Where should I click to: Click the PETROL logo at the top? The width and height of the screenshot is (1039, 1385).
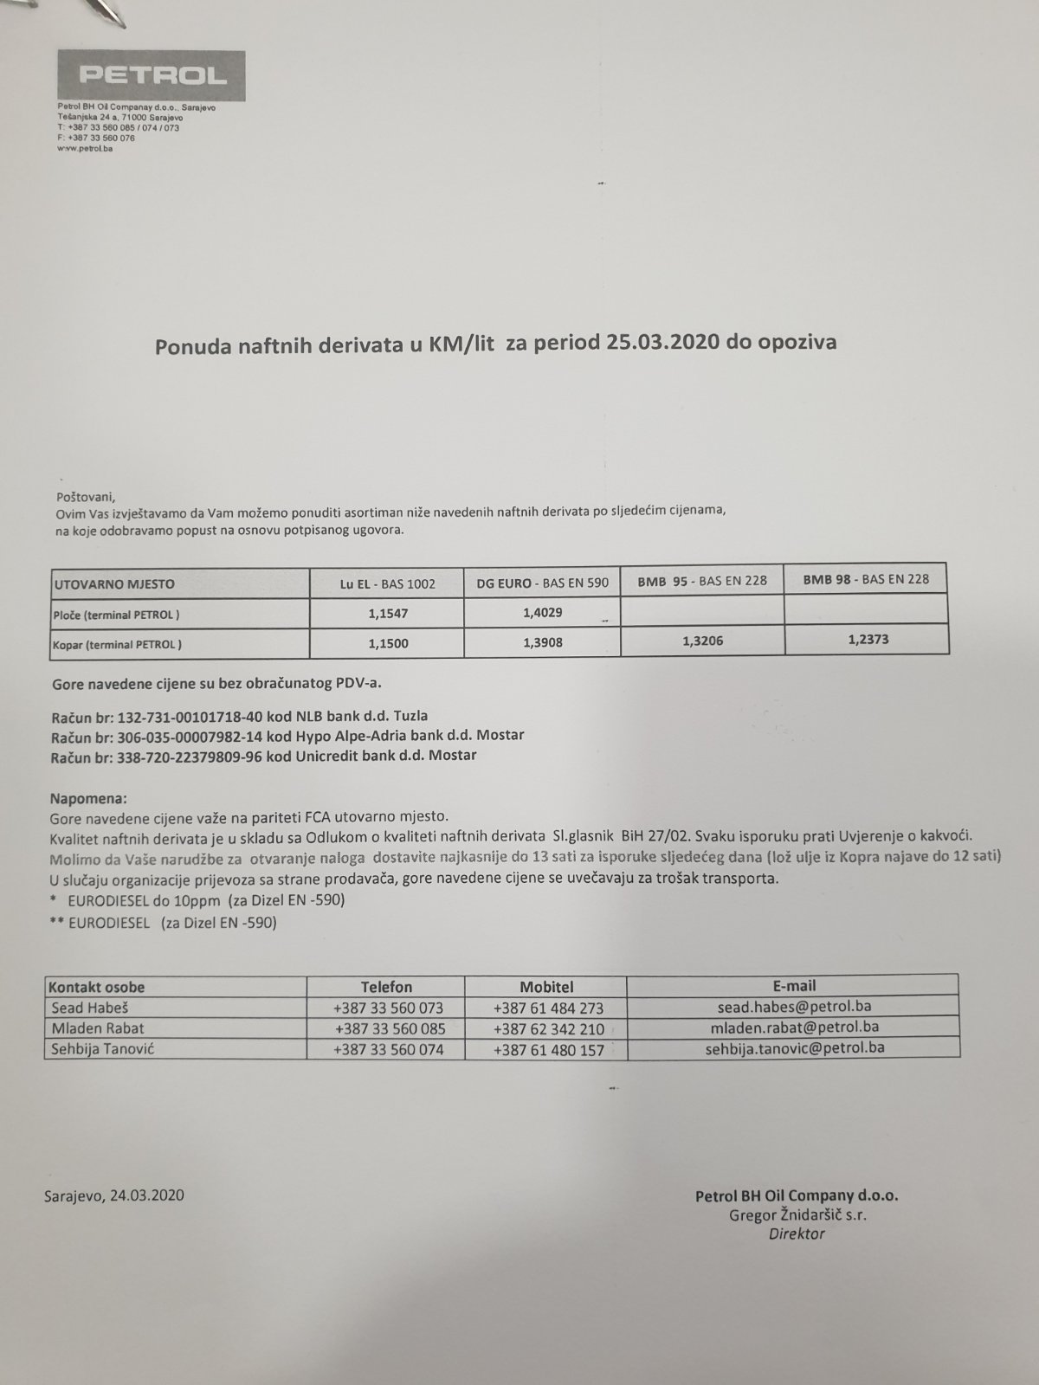click(x=152, y=76)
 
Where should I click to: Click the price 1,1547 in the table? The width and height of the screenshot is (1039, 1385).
click(x=387, y=613)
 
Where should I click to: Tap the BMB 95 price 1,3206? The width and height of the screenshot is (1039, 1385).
click(x=702, y=641)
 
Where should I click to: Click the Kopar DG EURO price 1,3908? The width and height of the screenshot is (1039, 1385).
click(x=543, y=643)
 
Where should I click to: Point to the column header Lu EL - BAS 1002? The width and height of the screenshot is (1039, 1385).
click(x=387, y=583)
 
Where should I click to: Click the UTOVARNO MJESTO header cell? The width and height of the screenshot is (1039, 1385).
click(x=115, y=583)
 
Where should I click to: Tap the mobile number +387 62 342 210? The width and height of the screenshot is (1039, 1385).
click(x=548, y=1029)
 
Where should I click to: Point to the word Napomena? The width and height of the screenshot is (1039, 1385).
click(x=88, y=796)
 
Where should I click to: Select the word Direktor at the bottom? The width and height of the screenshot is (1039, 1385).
click(x=797, y=1234)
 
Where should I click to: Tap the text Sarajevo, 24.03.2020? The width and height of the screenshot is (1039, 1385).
click(x=113, y=1195)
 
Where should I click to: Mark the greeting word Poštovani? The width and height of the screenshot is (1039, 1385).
click(x=85, y=497)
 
